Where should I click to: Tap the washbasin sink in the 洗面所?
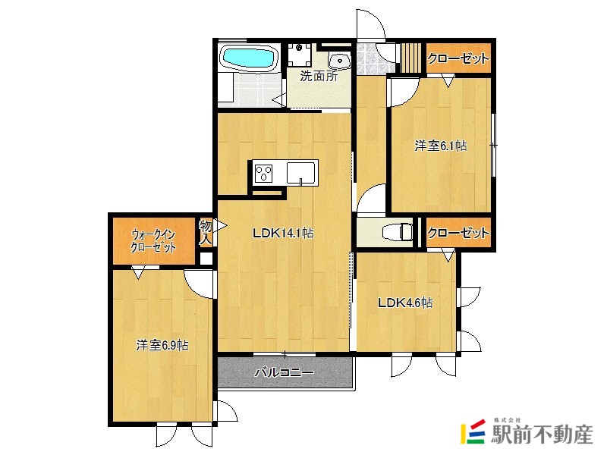point(340,61)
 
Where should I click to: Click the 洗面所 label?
point(319,76)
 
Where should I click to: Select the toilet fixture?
point(397,233)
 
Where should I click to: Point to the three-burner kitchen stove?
point(263,173)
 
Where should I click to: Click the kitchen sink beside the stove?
point(300,173)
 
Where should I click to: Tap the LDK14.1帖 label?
point(283,233)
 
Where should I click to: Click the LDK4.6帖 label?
point(405,302)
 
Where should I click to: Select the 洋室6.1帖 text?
point(441,146)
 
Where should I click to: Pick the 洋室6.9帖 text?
point(162,345)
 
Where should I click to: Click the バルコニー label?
point(284,372)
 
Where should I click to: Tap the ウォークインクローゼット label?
point(154,241)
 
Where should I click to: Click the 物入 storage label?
point(205,233)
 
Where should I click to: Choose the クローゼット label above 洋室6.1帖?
point(458,59)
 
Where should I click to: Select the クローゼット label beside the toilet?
point(458,233)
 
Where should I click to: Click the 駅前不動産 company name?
point(542,435)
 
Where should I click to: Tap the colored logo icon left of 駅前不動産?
point(473,431)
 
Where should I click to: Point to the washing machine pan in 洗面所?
point(299,55)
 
